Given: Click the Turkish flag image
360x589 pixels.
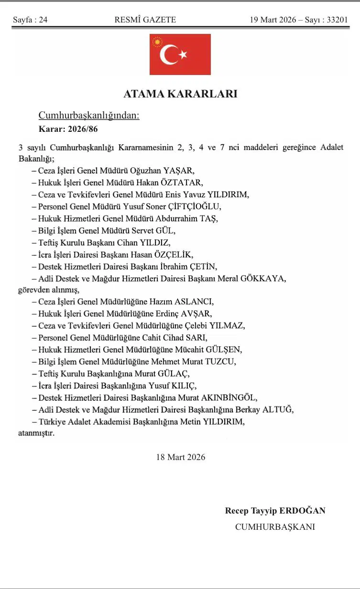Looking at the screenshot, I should (180, 54).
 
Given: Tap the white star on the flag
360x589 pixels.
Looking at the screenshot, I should (183, 55).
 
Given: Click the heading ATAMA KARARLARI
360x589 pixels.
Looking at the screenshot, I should (180, 94).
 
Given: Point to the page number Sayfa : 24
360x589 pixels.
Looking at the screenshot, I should (30, 20).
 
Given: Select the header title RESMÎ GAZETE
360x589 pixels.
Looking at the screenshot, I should (145, 20).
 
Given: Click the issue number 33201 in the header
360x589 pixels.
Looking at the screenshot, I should (335, 20).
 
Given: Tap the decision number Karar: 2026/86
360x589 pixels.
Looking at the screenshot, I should (68, 129).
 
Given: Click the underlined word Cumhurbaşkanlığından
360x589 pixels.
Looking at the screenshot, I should (88, 116).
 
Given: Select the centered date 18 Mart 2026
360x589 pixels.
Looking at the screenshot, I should (180, 457).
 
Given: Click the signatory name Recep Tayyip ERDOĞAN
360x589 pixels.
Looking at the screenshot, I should (275, 511).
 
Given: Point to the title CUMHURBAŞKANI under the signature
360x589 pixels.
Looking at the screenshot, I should (275, 527).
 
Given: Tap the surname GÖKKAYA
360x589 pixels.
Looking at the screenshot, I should (265, 278).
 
